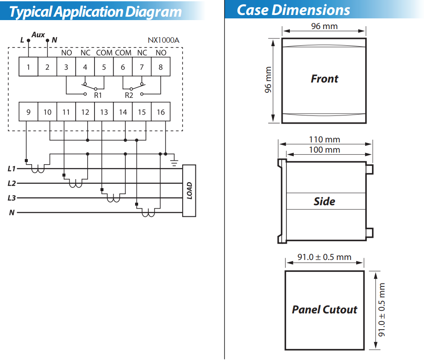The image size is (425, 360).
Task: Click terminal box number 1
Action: point(29,67)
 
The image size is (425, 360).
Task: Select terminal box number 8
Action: point(161,67)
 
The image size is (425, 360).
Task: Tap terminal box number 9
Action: point(29,112)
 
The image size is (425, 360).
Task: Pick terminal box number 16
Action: point(161,112)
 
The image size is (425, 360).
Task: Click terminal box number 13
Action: point(104,112)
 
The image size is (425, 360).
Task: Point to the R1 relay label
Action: point(98,95)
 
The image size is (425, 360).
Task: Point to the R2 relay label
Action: point(129,95)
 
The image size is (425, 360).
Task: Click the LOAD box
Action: point(189,191)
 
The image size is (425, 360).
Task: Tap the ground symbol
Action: point(174,162)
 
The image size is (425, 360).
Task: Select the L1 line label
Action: point(12,168)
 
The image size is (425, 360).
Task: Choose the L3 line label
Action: point(12,198)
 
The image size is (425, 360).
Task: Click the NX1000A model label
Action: point(163,40)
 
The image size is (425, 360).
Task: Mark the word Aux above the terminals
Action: point(38,35)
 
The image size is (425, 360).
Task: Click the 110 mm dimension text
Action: point(325,139)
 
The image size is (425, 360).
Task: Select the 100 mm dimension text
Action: point(325,150)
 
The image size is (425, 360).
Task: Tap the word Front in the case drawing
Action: point(325,79)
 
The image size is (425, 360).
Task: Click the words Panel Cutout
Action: point(325,310)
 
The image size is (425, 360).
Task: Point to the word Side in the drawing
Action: point(325,201)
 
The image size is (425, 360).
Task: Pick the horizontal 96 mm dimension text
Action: point(325,27)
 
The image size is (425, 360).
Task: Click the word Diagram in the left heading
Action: point(153,12)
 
